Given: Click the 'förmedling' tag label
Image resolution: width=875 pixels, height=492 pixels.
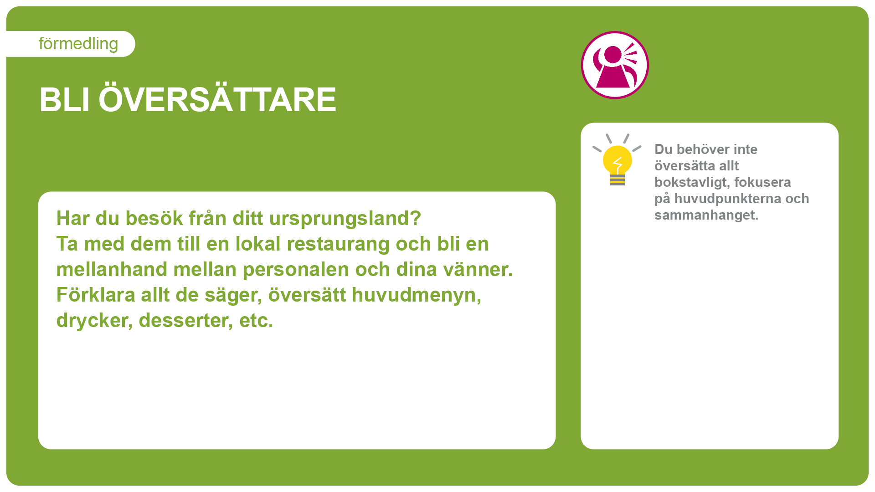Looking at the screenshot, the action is point(78,44).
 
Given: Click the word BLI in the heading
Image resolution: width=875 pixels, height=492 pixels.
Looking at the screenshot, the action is point(64,100).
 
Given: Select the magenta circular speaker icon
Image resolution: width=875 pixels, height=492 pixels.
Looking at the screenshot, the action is point(615,65).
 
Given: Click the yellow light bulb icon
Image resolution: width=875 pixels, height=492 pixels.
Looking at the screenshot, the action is point(617,160).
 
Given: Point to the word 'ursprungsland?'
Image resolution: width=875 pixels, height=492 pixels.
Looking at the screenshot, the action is point(345,219).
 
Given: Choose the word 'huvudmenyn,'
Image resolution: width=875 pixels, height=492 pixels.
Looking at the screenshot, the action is point(417,296).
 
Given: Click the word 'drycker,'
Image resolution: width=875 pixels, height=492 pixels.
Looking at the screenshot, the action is point(94,321).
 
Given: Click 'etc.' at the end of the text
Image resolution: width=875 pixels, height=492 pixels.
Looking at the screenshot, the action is point(256,321).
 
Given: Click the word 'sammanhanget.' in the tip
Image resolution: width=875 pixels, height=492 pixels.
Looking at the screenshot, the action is point(706,215).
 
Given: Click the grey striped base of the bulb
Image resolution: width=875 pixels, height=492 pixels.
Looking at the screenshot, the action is point(618,180).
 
